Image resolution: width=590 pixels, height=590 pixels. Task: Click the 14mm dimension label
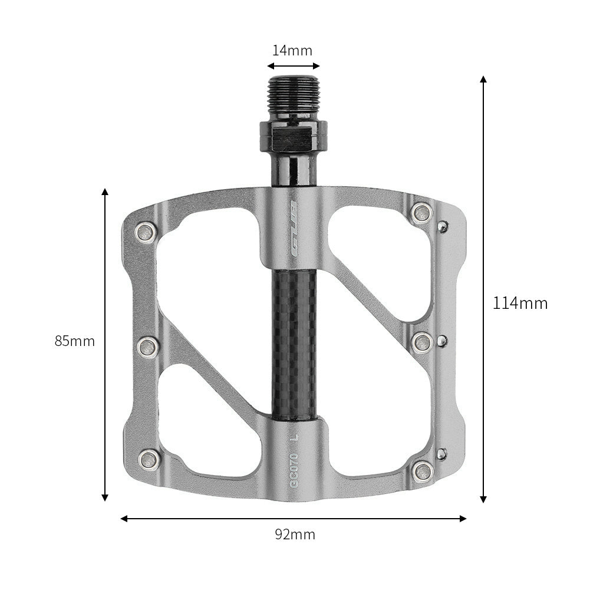[x=292, y=51]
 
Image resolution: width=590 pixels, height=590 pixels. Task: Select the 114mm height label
[x=520, y=304]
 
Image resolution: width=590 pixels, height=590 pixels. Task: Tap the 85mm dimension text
[x=75, y=341]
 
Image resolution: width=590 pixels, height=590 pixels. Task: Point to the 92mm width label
[x=295, y=535]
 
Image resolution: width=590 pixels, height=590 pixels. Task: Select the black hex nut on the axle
[x=292, y=136]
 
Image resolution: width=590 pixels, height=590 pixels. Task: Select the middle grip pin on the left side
[x=147, y=347]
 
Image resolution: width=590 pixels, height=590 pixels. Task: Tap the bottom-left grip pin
[x=149, y=460]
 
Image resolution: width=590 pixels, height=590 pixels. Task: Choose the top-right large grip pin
[x=422, y=213]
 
